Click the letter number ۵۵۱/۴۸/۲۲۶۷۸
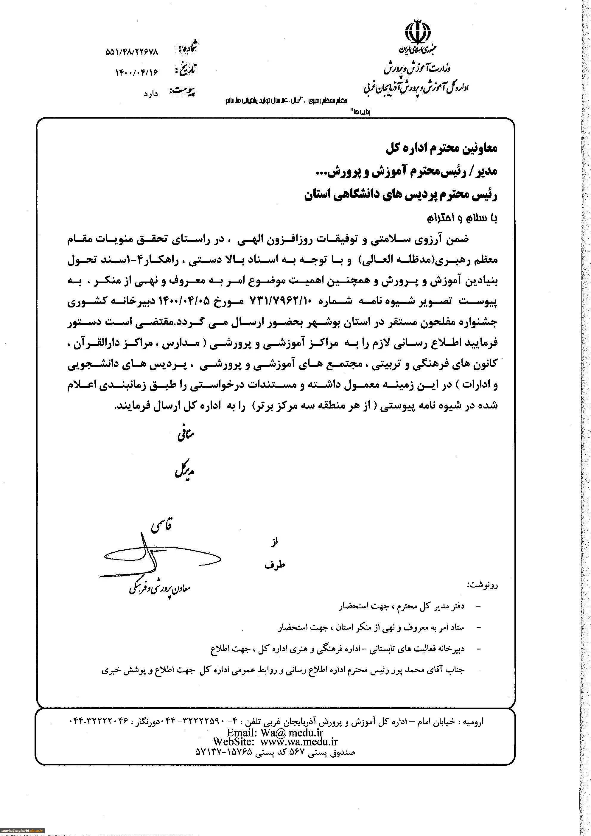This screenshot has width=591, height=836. pyautogui.click(x=132, y=52)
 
